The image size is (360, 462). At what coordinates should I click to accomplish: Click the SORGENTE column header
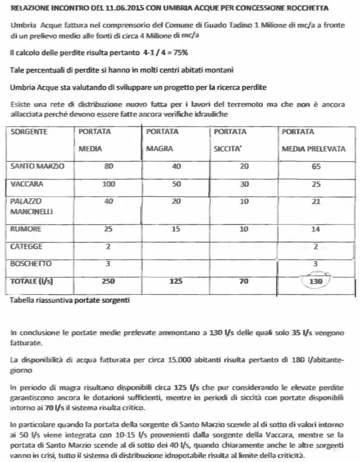(26, 132)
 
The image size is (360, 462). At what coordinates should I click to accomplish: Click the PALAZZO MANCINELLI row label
(29, 206)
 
